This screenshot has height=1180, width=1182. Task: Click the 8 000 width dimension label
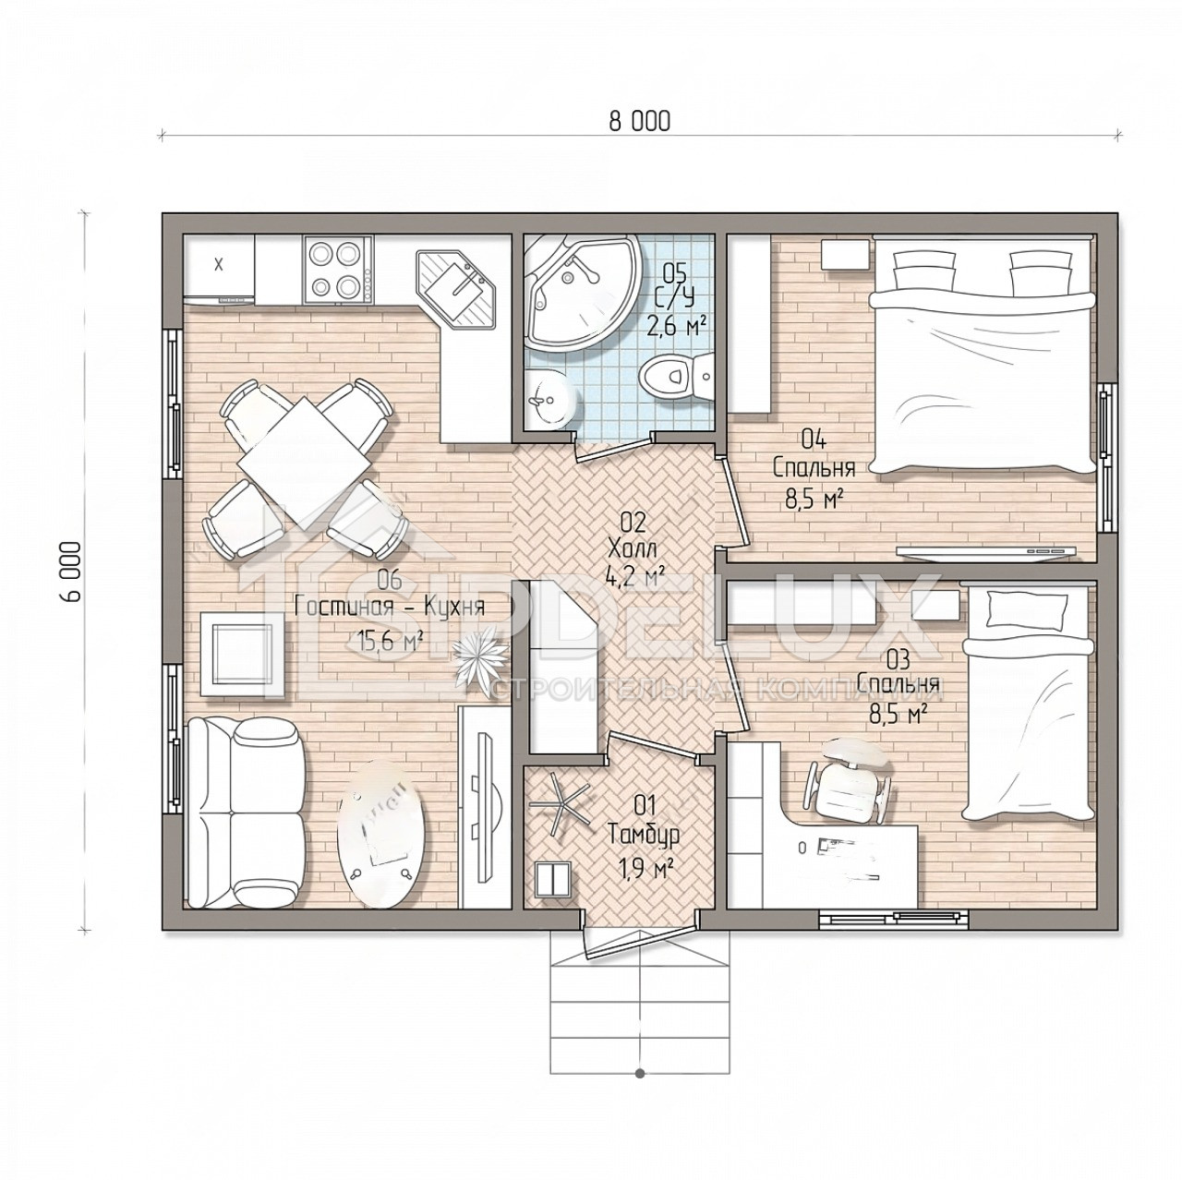(x=639, y=121)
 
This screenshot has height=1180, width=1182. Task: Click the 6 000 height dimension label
(x=72, y=572)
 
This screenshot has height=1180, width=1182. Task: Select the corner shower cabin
(x=583, y=294)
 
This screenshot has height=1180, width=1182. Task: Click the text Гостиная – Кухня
(x=390, y=608)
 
